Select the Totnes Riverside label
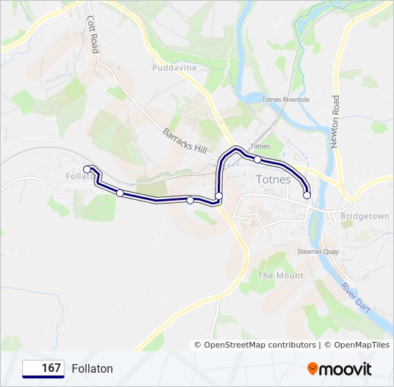[x=286, y=100]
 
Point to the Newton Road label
[x=335, y=122]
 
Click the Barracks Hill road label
[x=185, y=140]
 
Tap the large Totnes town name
[x=274, y=179]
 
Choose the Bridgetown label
[x=365, y=216]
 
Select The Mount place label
[x=280, y=275]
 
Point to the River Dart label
[x=355, y=296]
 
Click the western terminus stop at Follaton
[x=87, y=169]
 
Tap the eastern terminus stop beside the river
[x=307, y=195]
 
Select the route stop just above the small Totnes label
[x=258, y=159]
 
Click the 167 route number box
[x=43, y=368]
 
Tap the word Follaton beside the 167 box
[x=92, y=368]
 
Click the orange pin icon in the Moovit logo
[x=313, y=368]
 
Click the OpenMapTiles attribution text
[x=358, y=345]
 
